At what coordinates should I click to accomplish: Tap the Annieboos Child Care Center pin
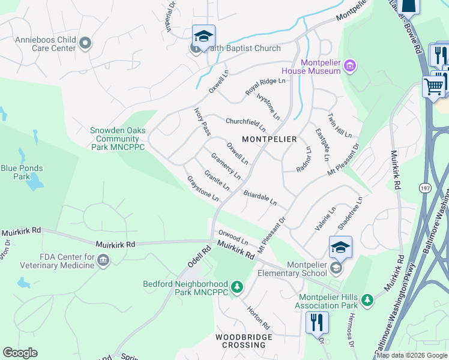85,43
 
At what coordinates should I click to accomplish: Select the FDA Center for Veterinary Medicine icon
103,260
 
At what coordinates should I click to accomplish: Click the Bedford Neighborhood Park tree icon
237,287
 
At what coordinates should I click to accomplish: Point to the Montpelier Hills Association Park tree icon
367,299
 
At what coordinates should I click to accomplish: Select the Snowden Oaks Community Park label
118,139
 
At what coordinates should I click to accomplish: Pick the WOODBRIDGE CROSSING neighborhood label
244,341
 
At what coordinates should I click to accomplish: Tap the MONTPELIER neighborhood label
269,139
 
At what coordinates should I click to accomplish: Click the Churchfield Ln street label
246,124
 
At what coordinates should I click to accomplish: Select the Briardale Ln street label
260,198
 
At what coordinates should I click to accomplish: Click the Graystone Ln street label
202,188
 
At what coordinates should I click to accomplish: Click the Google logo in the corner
20,352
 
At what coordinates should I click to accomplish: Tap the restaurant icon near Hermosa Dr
316,323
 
